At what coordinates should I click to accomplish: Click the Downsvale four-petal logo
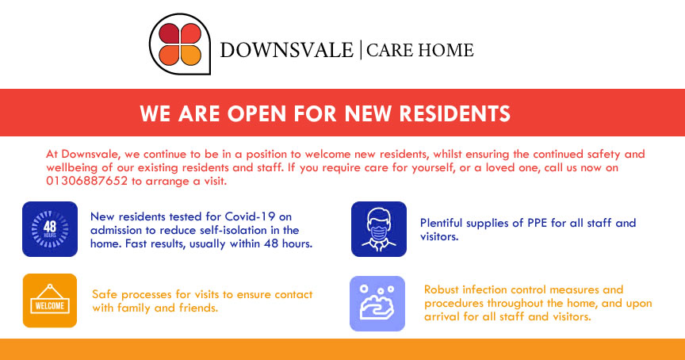click(179, 44)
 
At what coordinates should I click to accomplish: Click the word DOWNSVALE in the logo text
click(286, 50)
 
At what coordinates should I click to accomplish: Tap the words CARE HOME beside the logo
click(420, 50)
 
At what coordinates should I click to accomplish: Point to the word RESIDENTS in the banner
click(455, 113)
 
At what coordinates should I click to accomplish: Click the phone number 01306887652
click(87, 181)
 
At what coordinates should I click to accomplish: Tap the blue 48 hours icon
click(50, 229)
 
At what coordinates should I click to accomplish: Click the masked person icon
click(379, 229)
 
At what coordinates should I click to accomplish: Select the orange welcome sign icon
click(50, 301)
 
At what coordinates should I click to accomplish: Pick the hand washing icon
click(377, 303)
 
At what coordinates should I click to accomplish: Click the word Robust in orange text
click(442, 289)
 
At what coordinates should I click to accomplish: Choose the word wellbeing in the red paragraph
click(68, 168)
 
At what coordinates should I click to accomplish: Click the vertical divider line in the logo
click(361, 50)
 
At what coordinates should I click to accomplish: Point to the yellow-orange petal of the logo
click(190, 55)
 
